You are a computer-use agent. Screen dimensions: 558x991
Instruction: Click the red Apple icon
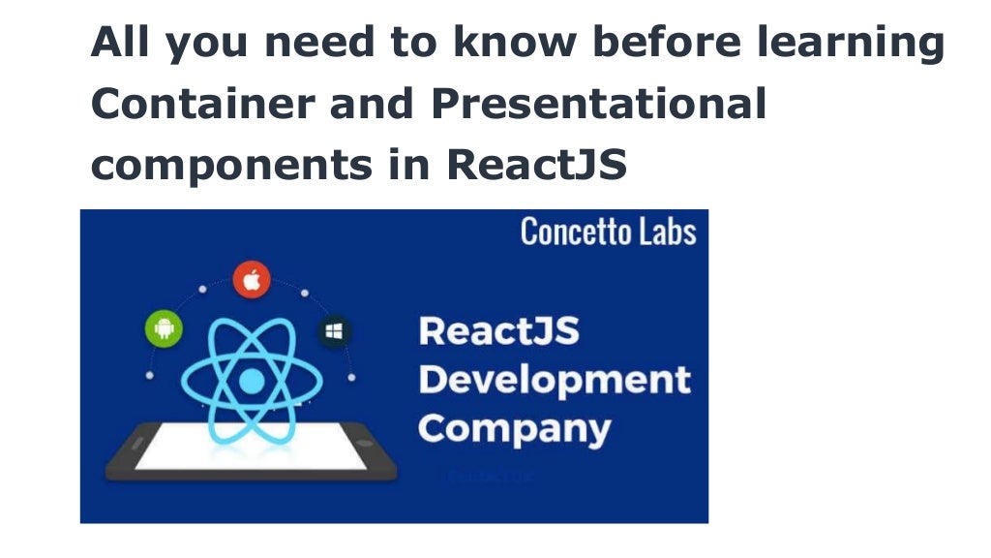(252, 280)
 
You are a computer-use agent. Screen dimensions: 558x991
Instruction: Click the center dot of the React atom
(251, 382)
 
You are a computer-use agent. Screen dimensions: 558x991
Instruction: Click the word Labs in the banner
(664, 232)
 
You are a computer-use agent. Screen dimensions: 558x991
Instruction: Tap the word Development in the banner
(555, 379)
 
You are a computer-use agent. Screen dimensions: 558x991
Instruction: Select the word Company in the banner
(514, 427)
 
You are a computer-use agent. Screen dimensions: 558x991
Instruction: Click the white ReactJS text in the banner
(498, 331)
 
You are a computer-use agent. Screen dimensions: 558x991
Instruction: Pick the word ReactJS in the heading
(537, 165)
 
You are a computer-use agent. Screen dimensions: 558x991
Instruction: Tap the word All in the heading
(121, 44)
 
